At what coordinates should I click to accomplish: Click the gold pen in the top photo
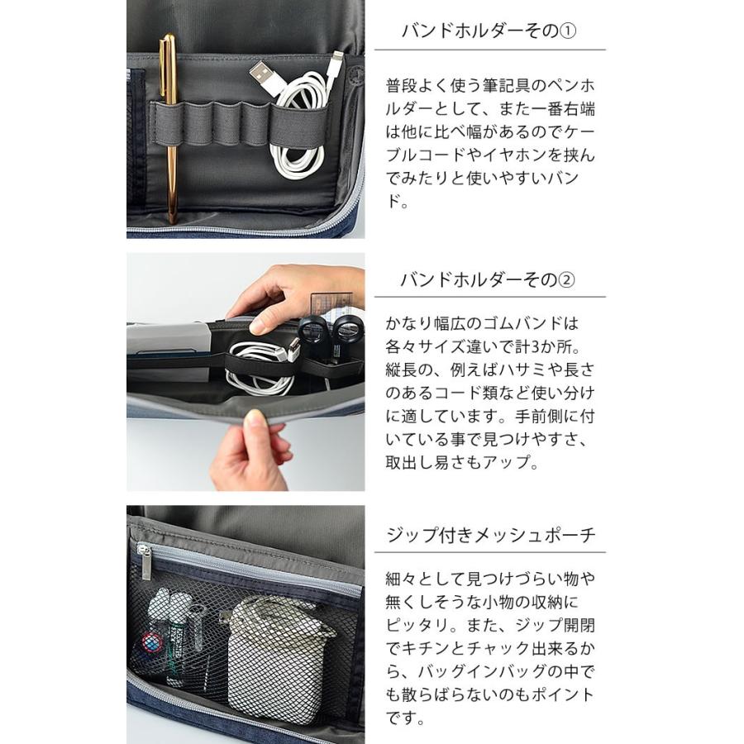click(x=169, y=128)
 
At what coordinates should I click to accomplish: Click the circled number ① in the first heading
click(x=567, y=31)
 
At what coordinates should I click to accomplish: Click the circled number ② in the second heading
click(x=565, y=279)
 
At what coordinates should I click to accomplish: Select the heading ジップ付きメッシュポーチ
click(x=491, y=535)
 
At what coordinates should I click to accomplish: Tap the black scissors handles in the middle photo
click(x=331, y=329)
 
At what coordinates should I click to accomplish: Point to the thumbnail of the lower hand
click(x=255, y=418)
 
